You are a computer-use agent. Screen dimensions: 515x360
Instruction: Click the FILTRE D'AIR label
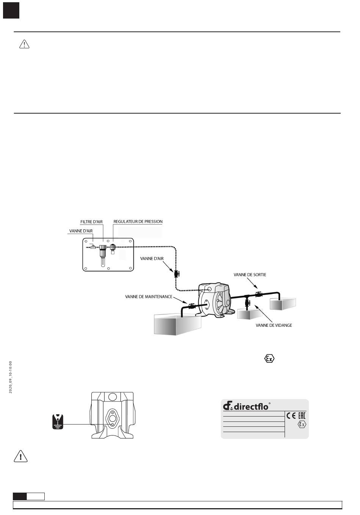click(x=91, y=222)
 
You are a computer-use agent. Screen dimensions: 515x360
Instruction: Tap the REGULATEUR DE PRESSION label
click(x=138, y=222)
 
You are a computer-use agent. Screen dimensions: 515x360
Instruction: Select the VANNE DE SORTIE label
click(x=250, y=275)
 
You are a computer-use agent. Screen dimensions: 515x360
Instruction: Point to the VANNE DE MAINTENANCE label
click(x=149, y=297)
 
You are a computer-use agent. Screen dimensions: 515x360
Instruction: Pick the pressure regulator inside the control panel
click(x=113, y=249)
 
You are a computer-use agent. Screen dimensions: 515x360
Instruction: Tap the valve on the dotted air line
click(x=177, y=273)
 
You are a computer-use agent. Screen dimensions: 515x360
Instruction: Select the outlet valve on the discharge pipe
click(x=259, y=294)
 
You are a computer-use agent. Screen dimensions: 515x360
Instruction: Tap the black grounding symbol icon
click(x=58, y=422)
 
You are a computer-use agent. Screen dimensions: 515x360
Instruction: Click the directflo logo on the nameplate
click(x=246, y=406)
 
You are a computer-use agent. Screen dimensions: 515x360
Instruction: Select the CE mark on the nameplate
click(x=291, y=415)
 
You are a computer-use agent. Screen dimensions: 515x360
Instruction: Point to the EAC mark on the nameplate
click(x=301, y=415)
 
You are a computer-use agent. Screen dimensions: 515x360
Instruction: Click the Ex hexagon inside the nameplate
click(x=302, y=424)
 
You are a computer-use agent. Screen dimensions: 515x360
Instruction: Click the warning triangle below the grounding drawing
click(x=20, y=457)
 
